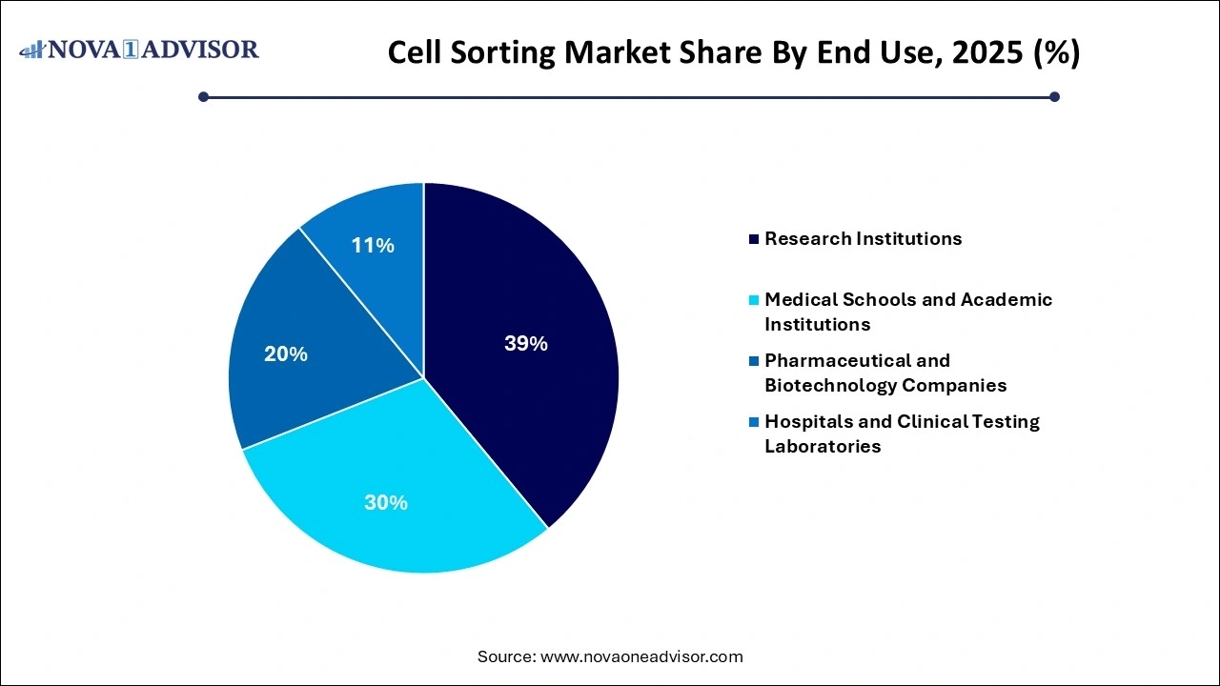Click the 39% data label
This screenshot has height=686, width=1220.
point(526,344)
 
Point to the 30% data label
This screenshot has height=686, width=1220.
point(386,502)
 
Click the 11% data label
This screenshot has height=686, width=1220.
point(373,246)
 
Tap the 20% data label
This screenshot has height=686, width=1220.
point(286,354)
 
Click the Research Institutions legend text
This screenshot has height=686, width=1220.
point(863,239)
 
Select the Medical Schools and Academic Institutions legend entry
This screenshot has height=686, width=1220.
point(907,312)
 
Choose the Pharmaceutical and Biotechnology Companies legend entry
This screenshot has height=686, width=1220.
point(884,373)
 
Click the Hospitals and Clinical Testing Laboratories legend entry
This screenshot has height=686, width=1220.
point(901,434)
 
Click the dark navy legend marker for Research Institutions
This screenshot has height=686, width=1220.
point(755,239)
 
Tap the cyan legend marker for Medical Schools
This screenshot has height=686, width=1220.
point(755,300)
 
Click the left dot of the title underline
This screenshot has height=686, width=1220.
point(203,96)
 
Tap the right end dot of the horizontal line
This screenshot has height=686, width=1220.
point(1054,96)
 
